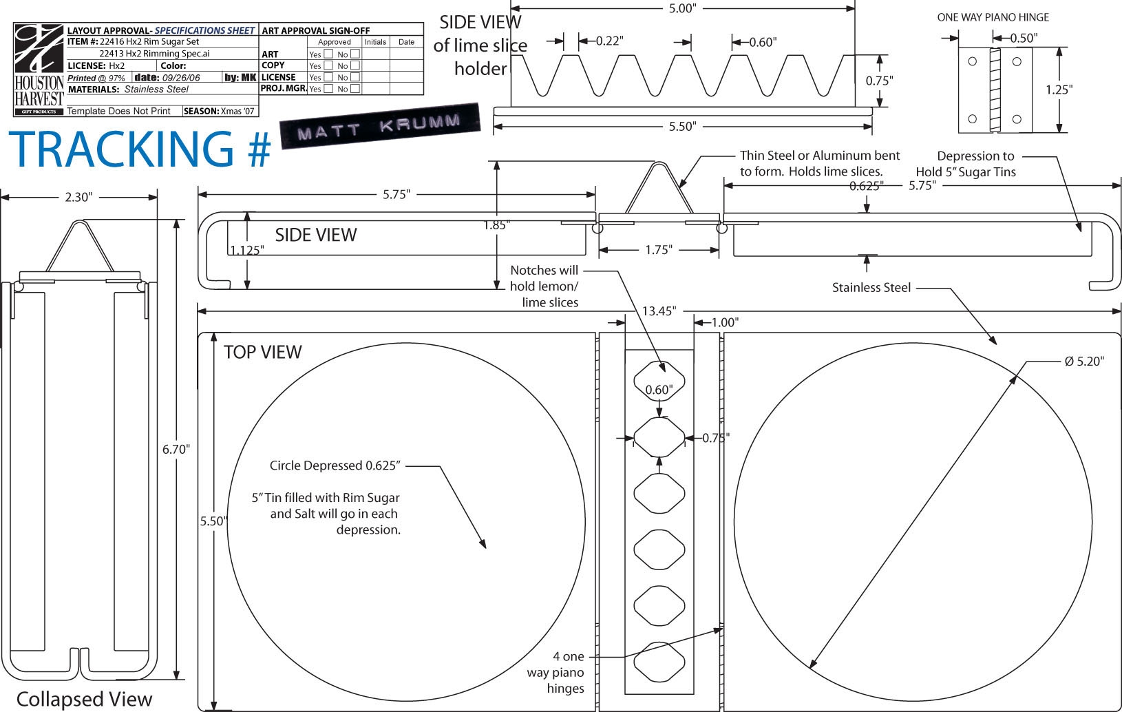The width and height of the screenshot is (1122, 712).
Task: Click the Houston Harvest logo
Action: (39, 70)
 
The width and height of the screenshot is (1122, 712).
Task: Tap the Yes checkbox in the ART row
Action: (328, 54)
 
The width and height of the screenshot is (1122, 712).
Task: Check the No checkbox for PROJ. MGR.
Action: (355, 89)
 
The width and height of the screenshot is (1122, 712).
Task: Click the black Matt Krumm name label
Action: (380, 126)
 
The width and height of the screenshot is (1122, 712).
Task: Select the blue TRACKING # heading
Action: (140, 149)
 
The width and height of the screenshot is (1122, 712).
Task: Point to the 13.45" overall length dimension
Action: (659, 311)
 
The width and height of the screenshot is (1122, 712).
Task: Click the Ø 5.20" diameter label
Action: (1084, 362)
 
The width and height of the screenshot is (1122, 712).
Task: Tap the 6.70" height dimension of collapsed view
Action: (176, 450)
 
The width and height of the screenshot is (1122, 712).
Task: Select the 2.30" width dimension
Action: (78, 197)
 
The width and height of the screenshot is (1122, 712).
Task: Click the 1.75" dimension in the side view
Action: (659, 249)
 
